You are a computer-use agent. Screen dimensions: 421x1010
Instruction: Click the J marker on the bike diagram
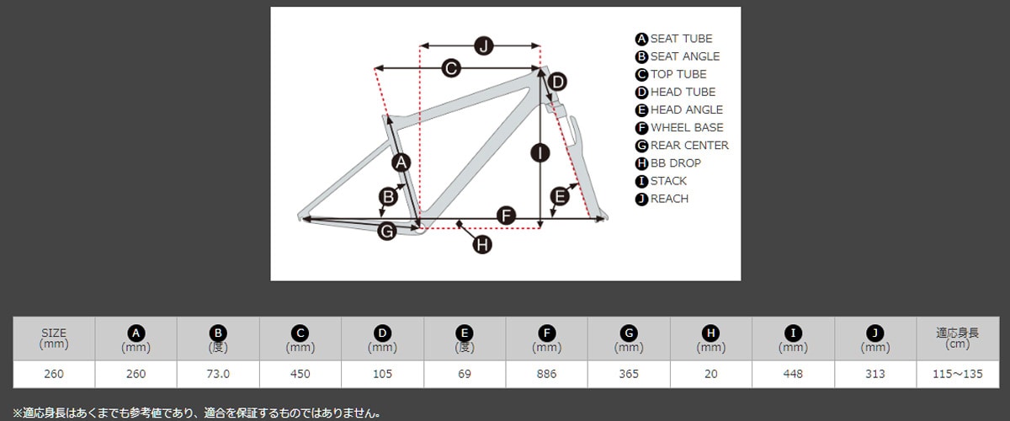pos(483,45)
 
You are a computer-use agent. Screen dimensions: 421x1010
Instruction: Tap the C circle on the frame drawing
pos(451,69)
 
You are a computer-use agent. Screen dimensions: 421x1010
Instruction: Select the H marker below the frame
pos(481,244)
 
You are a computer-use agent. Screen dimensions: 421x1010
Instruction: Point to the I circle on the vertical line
pos(540,152)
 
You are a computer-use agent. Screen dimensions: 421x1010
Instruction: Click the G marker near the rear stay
pos(386,231)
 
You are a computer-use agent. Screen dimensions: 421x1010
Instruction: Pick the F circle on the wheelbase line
pos(505,215)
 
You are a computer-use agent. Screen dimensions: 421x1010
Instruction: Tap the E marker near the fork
pos(560,197)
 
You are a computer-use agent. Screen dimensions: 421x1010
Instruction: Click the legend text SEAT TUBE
pos(681,39)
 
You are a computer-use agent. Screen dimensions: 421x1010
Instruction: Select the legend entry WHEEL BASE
pos(686,128)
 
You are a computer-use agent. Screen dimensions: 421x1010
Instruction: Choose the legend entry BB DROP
pos(675,163)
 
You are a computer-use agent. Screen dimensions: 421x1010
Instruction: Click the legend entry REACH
pos(669,199)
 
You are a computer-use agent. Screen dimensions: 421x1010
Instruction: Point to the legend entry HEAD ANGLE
pos(686,110)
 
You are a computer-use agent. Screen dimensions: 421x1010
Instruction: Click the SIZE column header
pos(53,338)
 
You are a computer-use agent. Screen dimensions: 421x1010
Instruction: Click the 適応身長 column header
pos(958,338)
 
